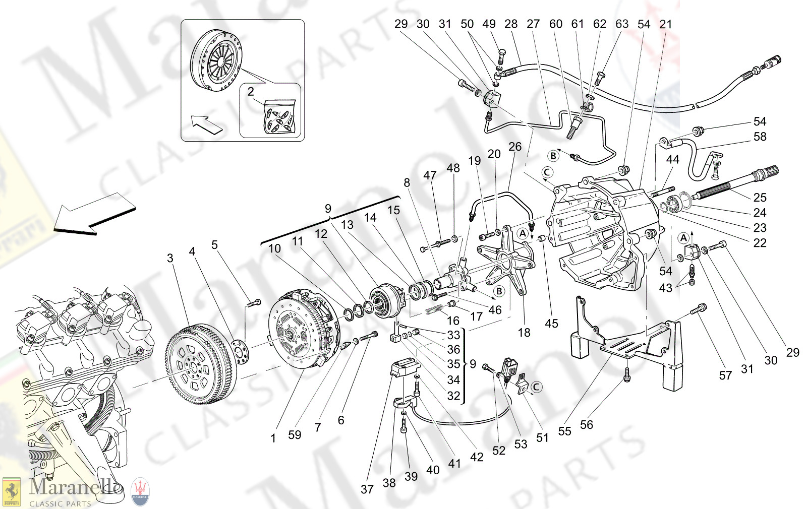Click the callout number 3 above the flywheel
[x=170, y=259]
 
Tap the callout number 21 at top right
[x=666, y=24]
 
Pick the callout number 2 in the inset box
[x=251, y=92]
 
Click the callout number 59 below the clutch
[x=295, y=434]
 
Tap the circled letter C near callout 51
[x=537, y=387]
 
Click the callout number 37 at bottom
[x=367, y=489]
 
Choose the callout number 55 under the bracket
[x=564, y=431]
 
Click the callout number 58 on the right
[x=760, y=137]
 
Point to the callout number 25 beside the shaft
[x=760, y=198]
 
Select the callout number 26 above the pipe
[x=515, y=147]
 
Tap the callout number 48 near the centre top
[x=453, y=168]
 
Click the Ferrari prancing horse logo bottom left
[x=11, y=492]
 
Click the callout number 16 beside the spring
[x=453, y=321]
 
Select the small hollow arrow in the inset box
[x=207, y=124]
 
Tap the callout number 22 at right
[x=760, y=243]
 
